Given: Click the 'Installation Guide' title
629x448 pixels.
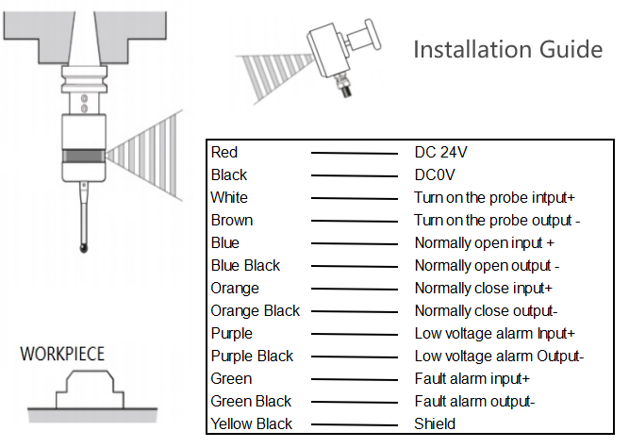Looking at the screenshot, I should [x=507, y=49].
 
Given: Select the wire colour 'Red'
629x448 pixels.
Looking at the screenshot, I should [x=224, y=152].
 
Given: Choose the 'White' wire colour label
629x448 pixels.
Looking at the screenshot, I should [x=229, y=197].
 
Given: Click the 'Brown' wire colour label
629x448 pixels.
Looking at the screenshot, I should [x=231, y=220].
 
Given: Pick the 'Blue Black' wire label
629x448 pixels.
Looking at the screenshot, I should [x=245, y=265].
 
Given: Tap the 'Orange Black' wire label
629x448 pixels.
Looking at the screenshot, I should [x=255, y=310].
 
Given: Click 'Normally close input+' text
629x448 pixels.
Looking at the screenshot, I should [x=484, y=288].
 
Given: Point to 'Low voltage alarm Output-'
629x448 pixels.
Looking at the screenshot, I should [x=499, y=356].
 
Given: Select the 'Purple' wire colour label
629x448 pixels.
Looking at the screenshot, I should [x=232, y=333].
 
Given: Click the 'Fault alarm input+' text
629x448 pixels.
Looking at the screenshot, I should [x=472, y=378].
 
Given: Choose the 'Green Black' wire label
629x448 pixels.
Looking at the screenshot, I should [x=251, y=401].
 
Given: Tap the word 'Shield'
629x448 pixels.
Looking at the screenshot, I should [x=435, y=423].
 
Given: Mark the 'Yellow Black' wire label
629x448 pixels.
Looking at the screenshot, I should [x=251, y=423].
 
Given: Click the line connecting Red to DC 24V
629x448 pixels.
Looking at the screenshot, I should [x=355, y=153].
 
